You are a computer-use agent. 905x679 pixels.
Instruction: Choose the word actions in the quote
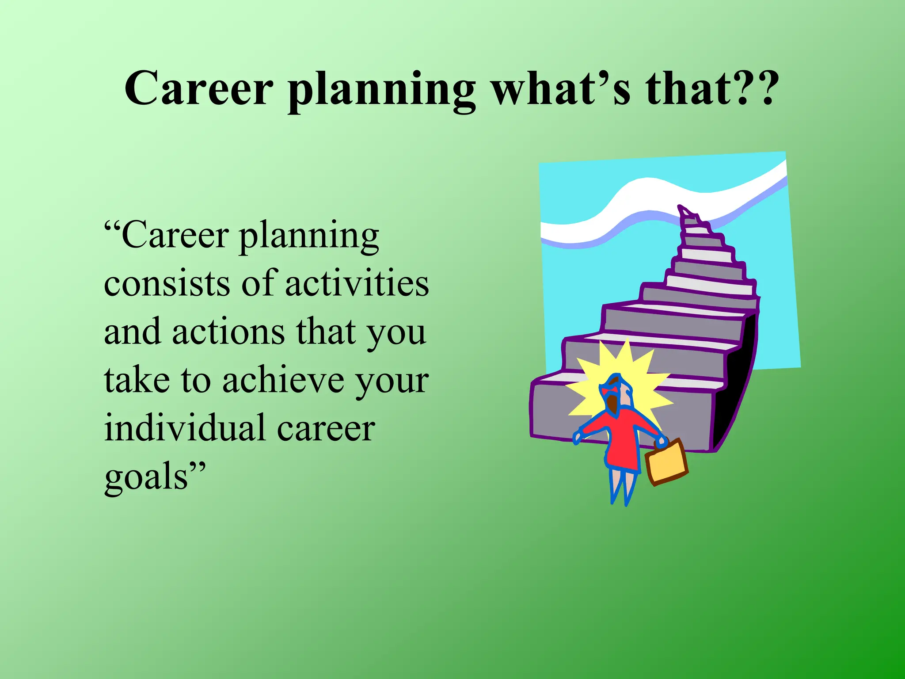228,332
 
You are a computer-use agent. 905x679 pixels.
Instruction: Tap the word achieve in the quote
283,380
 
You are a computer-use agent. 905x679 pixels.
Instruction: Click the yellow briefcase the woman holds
666,462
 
